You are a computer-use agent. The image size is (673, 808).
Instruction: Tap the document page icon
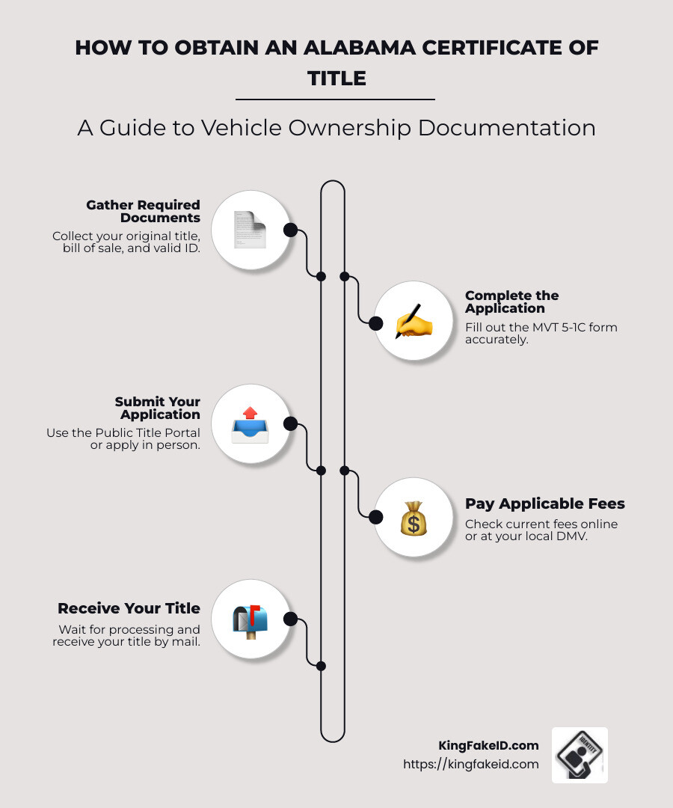point(250,230)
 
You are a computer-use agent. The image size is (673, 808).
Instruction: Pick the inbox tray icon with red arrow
point(250,425)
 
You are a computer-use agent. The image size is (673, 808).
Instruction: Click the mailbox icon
point(250,620)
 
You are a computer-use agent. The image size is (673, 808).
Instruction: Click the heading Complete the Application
point(511,302)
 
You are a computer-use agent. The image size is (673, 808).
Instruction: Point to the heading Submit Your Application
point(158,408)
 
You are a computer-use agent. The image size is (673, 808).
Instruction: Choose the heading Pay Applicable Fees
point(544,504)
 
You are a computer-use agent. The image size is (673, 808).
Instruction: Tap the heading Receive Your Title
point(129,608)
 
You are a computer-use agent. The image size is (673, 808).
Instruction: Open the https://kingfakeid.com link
point(470,765)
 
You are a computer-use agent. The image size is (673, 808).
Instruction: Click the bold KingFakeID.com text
point(488,745)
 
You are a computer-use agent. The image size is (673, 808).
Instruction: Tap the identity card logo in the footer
point(580,755)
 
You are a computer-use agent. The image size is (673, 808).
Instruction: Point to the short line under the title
point(335,99)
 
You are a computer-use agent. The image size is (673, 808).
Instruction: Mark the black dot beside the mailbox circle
point(291,619)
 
